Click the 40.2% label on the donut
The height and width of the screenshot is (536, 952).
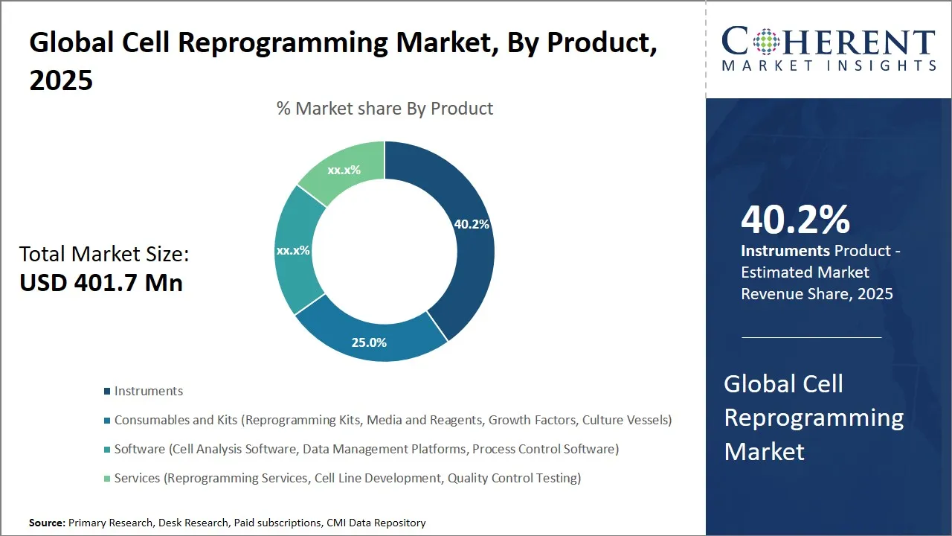[x=472, y=224]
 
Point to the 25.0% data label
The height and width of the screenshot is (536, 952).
[x=369, y=342]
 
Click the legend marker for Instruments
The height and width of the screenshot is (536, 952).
[x=107, y=392]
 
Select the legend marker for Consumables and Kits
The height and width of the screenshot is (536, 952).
[x=107, y=421]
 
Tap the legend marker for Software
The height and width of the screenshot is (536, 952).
[x=107, y=450]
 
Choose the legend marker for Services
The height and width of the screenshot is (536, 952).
[x=107, y=479]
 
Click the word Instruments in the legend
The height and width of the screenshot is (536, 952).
[x=149, y=392]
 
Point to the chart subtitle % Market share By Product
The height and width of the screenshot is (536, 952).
[x=385, y=109]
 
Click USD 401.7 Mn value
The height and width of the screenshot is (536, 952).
[x=101, y=283]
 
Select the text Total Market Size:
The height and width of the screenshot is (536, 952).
[x=104, y=255]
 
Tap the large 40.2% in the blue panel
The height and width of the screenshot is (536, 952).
[x=795, y=220]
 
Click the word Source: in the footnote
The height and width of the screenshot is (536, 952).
[x=47, y=523]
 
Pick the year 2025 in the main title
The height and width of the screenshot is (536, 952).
[x=61, y=80]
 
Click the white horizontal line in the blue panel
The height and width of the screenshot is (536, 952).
[x=811, y=337]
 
